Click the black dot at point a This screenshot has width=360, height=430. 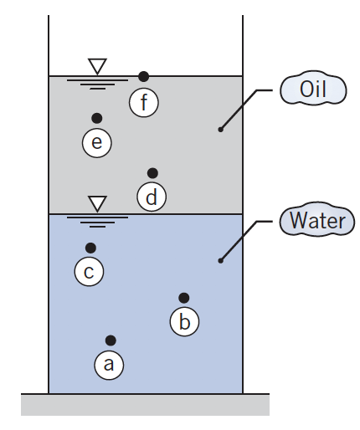(110, 340)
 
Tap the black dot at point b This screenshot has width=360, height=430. (184, 298)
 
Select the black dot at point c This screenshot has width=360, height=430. (90, 248)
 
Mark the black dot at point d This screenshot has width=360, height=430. (152, 173)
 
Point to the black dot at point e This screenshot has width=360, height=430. (97, 118)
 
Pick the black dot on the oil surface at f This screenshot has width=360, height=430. (144, 76)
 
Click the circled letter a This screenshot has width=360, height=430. (108, 364)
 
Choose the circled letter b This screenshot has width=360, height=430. (185, 322)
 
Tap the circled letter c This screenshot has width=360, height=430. (89, 272)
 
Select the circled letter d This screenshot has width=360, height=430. (152, 197)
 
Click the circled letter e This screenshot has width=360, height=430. (96, 143)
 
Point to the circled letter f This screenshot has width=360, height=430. (144, 102)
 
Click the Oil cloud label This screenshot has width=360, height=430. (312, 90)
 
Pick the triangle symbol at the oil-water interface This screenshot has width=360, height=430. (98, 203)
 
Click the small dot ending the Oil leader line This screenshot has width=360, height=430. (220, 129)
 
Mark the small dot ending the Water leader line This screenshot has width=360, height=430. (220, 261)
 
